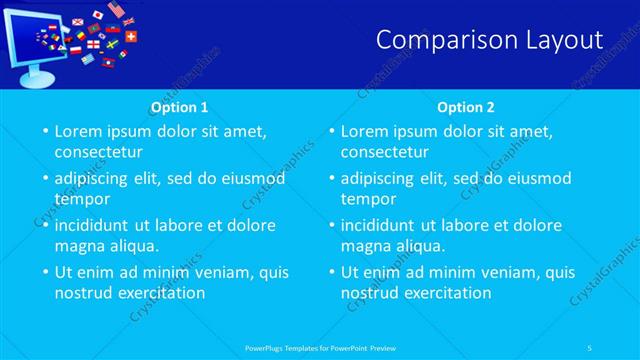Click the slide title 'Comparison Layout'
(x=490, y=40)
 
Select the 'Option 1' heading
(x=179, y=107)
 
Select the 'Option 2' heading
(x=465, y=107)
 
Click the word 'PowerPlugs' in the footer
(x=265, y=347)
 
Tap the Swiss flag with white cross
(x=130, y=36)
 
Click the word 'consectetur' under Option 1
(x=98, y=152)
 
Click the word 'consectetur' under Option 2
(x=384, y=152)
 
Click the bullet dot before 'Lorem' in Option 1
(x=44, y=132)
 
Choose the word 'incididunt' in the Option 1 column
(x=97, y=225)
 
